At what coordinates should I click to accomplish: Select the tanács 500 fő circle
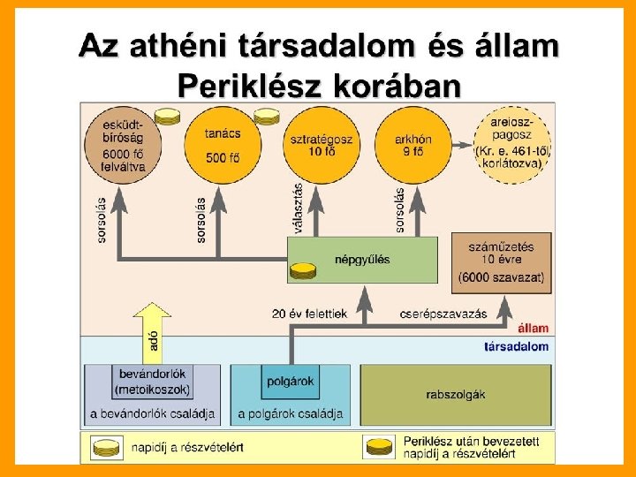220,144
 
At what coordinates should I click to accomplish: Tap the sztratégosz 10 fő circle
320,144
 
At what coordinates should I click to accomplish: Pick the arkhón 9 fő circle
412,144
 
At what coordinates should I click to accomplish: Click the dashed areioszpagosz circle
512,144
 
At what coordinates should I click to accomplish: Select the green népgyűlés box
362,260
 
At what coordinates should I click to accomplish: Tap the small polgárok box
290,382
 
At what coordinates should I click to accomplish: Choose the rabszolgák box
455,394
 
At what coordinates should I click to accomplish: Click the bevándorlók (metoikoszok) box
153,382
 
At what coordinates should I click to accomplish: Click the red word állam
533,328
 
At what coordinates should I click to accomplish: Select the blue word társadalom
517,346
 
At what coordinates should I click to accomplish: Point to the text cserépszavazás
433,314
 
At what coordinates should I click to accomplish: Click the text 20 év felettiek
310,314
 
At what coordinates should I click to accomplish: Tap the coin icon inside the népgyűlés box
303,269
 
